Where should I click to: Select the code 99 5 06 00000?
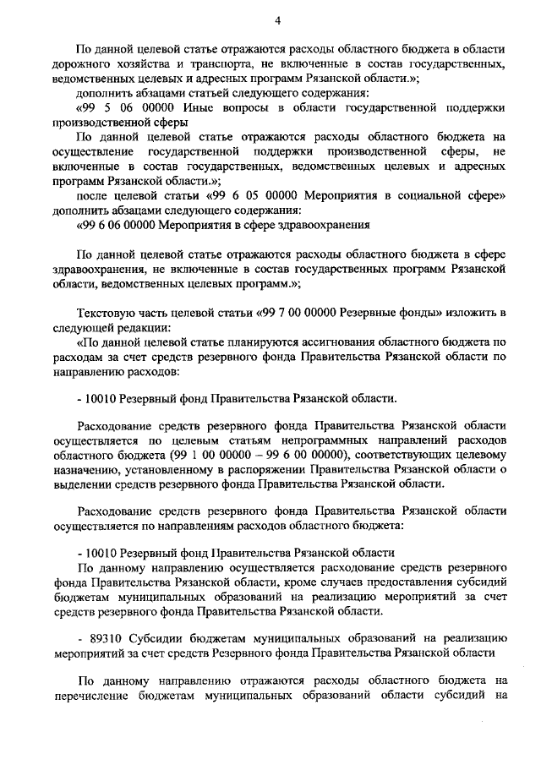point(123,109)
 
